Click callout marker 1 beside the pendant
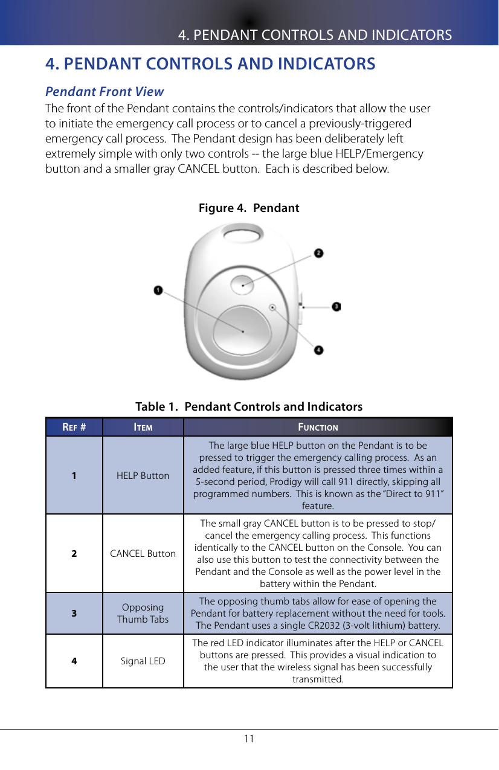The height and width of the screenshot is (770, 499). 158,290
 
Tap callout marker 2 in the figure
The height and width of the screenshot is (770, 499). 318,253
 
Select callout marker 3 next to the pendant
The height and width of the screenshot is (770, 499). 336,307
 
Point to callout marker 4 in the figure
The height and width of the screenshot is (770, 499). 318,350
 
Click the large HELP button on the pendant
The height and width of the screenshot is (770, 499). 242,330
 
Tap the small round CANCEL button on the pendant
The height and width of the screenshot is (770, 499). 242,284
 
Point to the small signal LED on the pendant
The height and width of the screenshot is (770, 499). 273,307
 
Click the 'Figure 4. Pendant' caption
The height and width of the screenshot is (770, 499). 249,208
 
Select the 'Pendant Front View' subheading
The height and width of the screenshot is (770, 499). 105,92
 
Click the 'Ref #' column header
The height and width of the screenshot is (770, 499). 74,427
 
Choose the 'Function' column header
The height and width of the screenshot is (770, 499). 318,427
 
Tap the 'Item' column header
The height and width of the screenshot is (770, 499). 143,427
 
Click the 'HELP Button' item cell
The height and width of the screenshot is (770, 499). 143,475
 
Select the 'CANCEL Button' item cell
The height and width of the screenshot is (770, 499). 143,553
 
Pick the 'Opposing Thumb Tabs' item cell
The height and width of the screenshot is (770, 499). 143,613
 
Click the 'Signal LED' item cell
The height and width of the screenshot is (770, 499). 143,661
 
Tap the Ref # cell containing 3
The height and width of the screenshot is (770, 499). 74,613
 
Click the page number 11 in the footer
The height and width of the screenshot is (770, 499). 249,739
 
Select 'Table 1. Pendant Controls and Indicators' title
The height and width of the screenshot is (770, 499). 249,406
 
